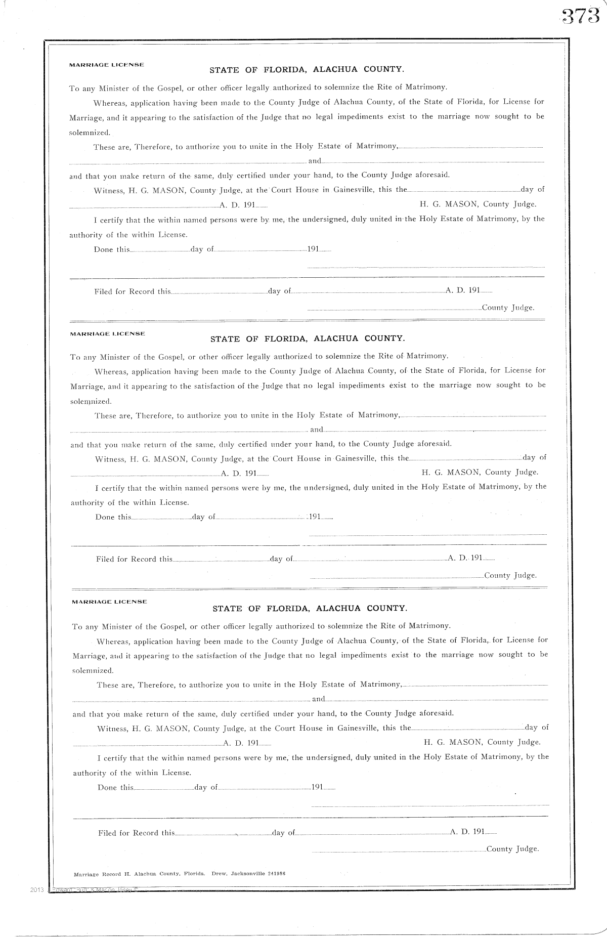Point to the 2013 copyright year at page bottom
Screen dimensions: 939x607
click(37, 889)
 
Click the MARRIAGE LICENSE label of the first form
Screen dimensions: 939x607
click(107, 65)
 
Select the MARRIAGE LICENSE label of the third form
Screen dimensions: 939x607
click(110, 602)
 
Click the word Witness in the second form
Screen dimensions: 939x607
click(110, 459)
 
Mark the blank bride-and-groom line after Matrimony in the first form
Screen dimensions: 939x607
click(470, 147)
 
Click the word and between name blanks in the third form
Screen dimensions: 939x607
click(319, 699)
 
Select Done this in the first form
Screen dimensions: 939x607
click(112, 249)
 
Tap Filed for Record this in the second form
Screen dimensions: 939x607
click(134, 559)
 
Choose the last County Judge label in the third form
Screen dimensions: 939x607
click(512, 849)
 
